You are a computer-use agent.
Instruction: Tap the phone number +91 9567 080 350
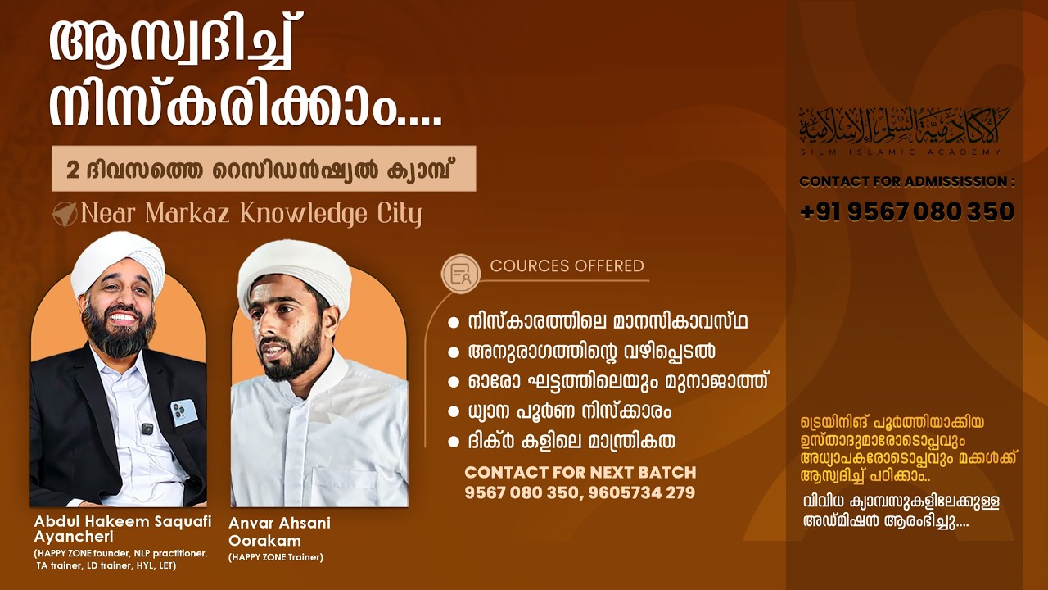tap(907, 212)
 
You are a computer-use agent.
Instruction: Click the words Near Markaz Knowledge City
tap(251, 215)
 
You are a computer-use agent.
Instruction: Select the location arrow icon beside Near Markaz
tap(64, 214)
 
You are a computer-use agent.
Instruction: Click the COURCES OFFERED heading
tap(567, 266)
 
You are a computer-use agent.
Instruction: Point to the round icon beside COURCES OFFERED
tap(461, 274)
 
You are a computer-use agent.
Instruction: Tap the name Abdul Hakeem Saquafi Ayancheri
tap(123, 529)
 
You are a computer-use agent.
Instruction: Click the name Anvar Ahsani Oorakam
tap(279, 532)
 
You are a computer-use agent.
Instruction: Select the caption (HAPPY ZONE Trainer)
tap(276, 558)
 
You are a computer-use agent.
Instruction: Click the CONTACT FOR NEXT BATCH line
tap(580, 473)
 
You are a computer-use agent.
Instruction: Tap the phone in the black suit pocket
tap(183, 411)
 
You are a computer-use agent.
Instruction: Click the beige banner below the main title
tap(263, 169)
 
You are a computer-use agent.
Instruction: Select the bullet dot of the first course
tap(454, 323)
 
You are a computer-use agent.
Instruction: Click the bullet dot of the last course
tap(454, 442)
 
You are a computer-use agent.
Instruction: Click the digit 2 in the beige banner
tap(73, 170)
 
